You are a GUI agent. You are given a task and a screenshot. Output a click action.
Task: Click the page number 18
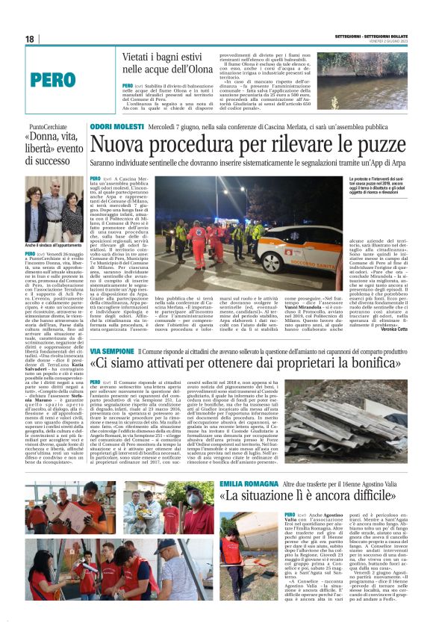click(x=29, y=39)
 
